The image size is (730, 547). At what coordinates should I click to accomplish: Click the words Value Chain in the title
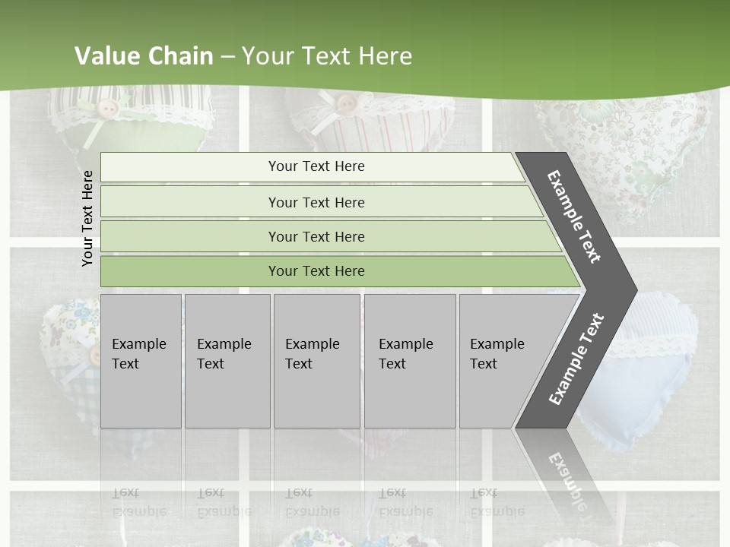pos(144,56)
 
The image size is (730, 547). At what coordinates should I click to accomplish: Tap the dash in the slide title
pos(227,57)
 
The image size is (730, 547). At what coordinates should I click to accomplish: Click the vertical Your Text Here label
pos(88,218)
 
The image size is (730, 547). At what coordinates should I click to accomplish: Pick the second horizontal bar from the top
pos(316,202)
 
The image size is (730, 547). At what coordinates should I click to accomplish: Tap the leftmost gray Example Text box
pos(141,360)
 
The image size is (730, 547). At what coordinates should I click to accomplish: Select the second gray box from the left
pos(227,360)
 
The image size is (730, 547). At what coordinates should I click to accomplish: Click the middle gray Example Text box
pos(316,360)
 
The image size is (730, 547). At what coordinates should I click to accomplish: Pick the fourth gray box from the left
pos(410,360)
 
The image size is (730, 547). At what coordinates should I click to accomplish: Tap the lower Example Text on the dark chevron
pos(576,359)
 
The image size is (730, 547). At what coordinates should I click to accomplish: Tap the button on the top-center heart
pos(346,103)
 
